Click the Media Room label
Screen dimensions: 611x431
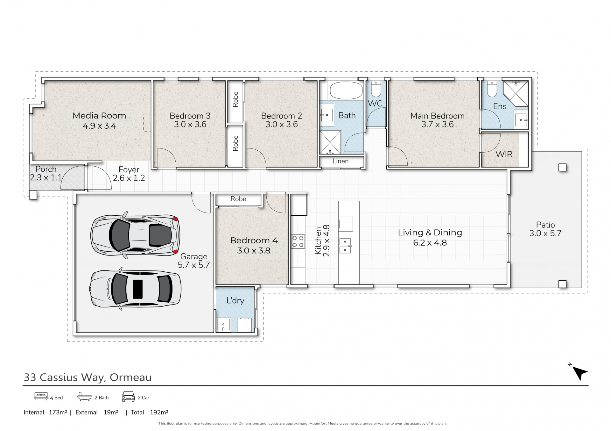[99, 116]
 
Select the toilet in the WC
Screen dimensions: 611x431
[376, 89]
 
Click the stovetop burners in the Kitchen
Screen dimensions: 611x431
[298, 241]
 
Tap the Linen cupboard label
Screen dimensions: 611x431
[341, 161]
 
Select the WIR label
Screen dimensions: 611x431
[504, 154]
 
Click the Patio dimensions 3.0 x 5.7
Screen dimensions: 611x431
[545, 233]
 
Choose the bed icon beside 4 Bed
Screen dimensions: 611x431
[41, 396]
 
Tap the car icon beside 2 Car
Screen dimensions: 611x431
[128, 396]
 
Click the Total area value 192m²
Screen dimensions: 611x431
[159, 412]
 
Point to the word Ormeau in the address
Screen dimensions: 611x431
[130, 377]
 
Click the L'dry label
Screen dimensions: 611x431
[235, 301]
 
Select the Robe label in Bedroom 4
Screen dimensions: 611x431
[238, 199]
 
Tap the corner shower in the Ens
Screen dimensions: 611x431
[516, 93]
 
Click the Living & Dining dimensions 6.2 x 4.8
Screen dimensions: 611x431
[430, 243]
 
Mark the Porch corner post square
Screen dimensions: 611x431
[33, 195]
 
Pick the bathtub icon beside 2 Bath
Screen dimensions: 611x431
[85, 396]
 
